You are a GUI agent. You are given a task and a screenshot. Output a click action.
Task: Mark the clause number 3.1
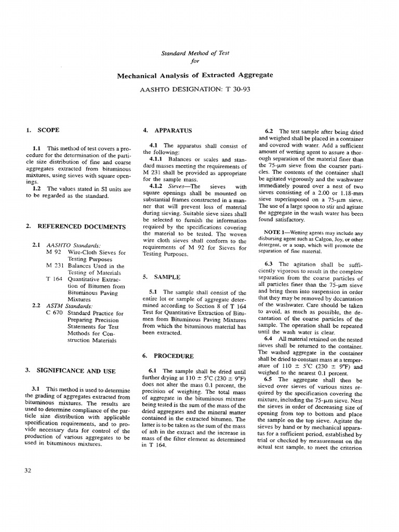tap(37, 389)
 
